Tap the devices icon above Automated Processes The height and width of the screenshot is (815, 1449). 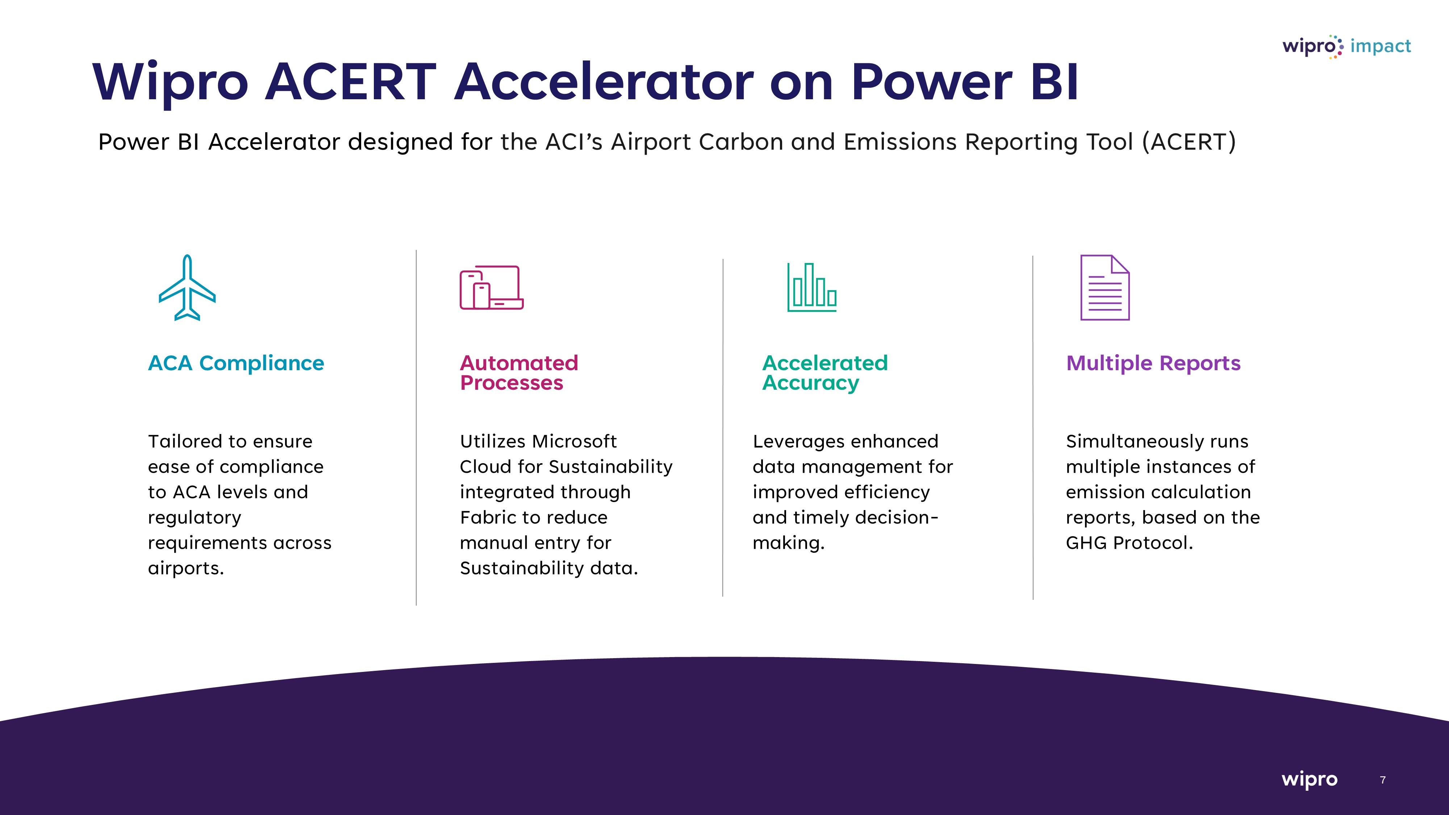point(492,287)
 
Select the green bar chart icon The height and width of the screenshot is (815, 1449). point(812,287)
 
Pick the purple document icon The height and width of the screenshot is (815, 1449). point(1105,287)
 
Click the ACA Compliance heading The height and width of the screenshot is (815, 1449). point(236,363)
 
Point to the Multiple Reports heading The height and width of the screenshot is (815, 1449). point(1153,363)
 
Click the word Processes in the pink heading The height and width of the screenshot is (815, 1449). point(511,383)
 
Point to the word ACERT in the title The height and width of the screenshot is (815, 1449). point(350,82)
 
